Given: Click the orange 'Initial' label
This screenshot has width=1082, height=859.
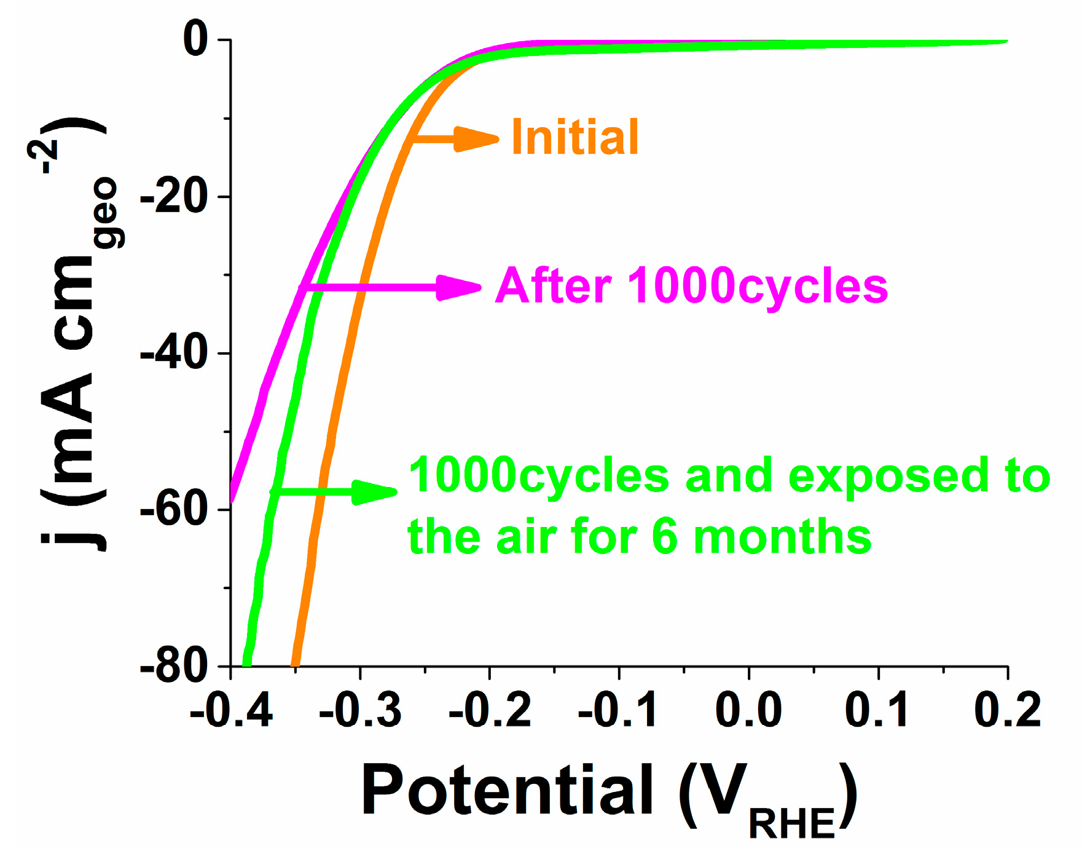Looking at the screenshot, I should [x=575, y=137].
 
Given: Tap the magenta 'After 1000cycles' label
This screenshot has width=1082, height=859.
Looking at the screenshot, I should [x=691, y=286].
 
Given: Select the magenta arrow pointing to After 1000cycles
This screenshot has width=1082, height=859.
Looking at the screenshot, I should [x=393, y=287].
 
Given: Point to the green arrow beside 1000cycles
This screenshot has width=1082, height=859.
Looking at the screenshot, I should [x=335, y=491].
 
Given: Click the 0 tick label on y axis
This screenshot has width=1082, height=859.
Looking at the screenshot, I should [x=196, y=39].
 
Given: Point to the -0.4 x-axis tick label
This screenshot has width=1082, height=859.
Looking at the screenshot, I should [x=231, y=710].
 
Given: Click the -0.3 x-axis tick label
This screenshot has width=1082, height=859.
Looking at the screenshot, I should [x=361, y=710].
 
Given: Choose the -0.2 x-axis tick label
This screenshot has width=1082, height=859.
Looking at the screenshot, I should [x=490, y=710].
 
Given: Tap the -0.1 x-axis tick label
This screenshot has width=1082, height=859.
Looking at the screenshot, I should [x=619, y=710].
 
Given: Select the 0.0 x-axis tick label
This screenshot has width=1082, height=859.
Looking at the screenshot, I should [x=748, y=710].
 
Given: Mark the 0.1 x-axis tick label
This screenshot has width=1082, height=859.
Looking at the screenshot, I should [x=877, y=710].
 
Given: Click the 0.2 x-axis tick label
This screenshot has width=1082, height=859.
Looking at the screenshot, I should [x=1008, y=710].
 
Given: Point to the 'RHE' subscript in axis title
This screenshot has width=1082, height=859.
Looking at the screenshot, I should [x=791, y=824].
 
